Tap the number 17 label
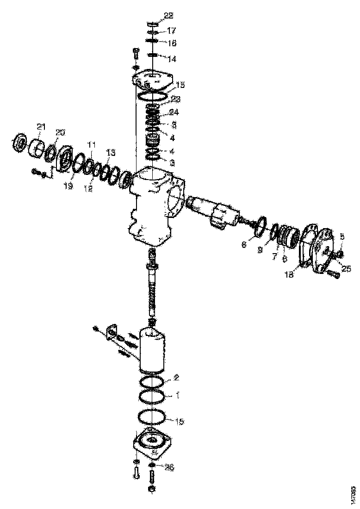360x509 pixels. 172,31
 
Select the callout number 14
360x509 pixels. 172,59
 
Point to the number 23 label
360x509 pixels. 175,99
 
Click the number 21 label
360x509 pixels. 42,127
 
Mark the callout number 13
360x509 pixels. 111,152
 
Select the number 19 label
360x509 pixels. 68,186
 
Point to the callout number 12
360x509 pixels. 89,188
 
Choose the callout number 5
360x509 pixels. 342,236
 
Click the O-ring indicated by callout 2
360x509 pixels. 151,382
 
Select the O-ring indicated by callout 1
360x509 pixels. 151,397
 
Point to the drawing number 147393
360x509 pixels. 353,491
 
